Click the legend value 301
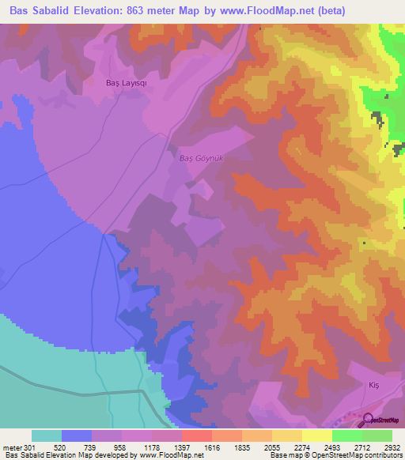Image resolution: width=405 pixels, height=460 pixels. [x=28, y=447]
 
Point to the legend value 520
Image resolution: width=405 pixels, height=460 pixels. [x=77, y=447]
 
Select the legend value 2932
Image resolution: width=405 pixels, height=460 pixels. [x=392, y=447]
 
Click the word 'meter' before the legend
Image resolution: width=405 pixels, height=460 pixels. [x=11, y=447]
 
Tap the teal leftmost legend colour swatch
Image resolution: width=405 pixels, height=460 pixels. [x=47, y=435]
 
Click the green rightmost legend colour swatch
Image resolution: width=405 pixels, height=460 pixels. [x=377, y=435]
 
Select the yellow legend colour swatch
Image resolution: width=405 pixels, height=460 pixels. [x=317, y=435]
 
